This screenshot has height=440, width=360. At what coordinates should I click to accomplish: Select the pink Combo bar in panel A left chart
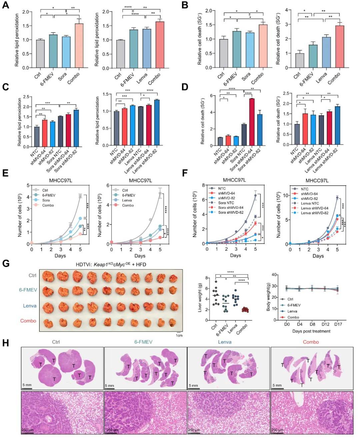click(x=79, y=46)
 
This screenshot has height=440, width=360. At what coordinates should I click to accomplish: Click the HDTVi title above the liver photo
click(x=111, y=264)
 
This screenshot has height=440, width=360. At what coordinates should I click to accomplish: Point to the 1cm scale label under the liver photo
click(x=179, y=335)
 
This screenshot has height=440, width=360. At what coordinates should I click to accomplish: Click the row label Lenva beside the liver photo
click(x=30, y=306)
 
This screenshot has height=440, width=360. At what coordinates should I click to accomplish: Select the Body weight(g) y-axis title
click(x=268, y=297)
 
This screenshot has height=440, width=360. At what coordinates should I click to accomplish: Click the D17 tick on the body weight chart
click(x=338, y=324)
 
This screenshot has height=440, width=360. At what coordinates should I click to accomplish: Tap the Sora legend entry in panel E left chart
click(x=46, y=200)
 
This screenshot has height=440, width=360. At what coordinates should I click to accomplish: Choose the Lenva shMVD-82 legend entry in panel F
click(x=315, y=213)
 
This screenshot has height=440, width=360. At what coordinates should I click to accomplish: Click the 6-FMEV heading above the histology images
click(x=143, y=342)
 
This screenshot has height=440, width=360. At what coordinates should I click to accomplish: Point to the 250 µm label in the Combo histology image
click(x=277, y=430)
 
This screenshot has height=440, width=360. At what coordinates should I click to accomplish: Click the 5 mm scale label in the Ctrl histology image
click(x=27, y=385)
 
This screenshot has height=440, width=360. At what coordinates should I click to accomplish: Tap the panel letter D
click(x=185, y=87)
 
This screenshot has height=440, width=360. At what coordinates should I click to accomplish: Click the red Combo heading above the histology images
click(x=311, y=342)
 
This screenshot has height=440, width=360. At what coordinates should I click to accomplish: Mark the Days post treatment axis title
click(x=311, y=331)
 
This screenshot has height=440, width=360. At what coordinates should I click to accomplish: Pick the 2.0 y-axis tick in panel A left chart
click(x=25, y=12)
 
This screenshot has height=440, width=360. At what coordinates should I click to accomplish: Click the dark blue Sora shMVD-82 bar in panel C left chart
click(x=76, y=128)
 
